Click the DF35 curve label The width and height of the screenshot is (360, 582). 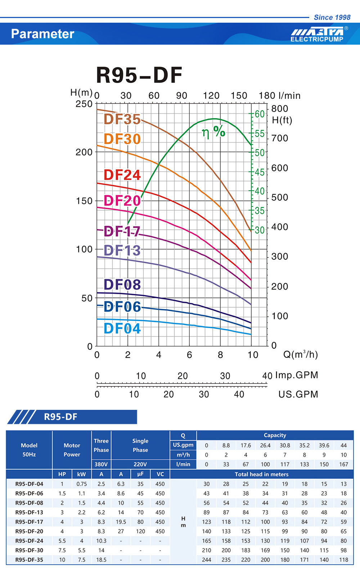point(122,119)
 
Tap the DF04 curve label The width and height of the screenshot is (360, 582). point(122,328)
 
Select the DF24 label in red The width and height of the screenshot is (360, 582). point(122,175)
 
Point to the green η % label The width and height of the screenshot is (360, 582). point(213,132)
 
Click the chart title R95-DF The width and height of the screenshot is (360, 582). point(139,75)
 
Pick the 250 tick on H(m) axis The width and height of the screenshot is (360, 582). point(84,104)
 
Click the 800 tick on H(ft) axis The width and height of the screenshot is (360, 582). point(280,109)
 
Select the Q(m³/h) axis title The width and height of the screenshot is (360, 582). point(301,355)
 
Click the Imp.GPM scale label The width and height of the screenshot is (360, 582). point(297,375)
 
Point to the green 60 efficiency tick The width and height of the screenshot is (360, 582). point(260,114)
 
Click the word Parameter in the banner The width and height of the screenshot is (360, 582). point(42,34)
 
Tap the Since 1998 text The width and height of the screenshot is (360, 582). point(332,17)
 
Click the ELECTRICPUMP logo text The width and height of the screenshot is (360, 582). point(317,39)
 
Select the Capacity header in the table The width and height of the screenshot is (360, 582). point(275,435)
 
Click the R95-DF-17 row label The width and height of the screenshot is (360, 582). point(29,522)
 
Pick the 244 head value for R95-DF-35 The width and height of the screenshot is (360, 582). point(206,560)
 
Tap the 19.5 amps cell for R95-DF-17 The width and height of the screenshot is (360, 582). point(121,522)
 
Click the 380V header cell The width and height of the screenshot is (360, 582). point(101,464)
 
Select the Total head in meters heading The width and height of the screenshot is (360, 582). point(261,474)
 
